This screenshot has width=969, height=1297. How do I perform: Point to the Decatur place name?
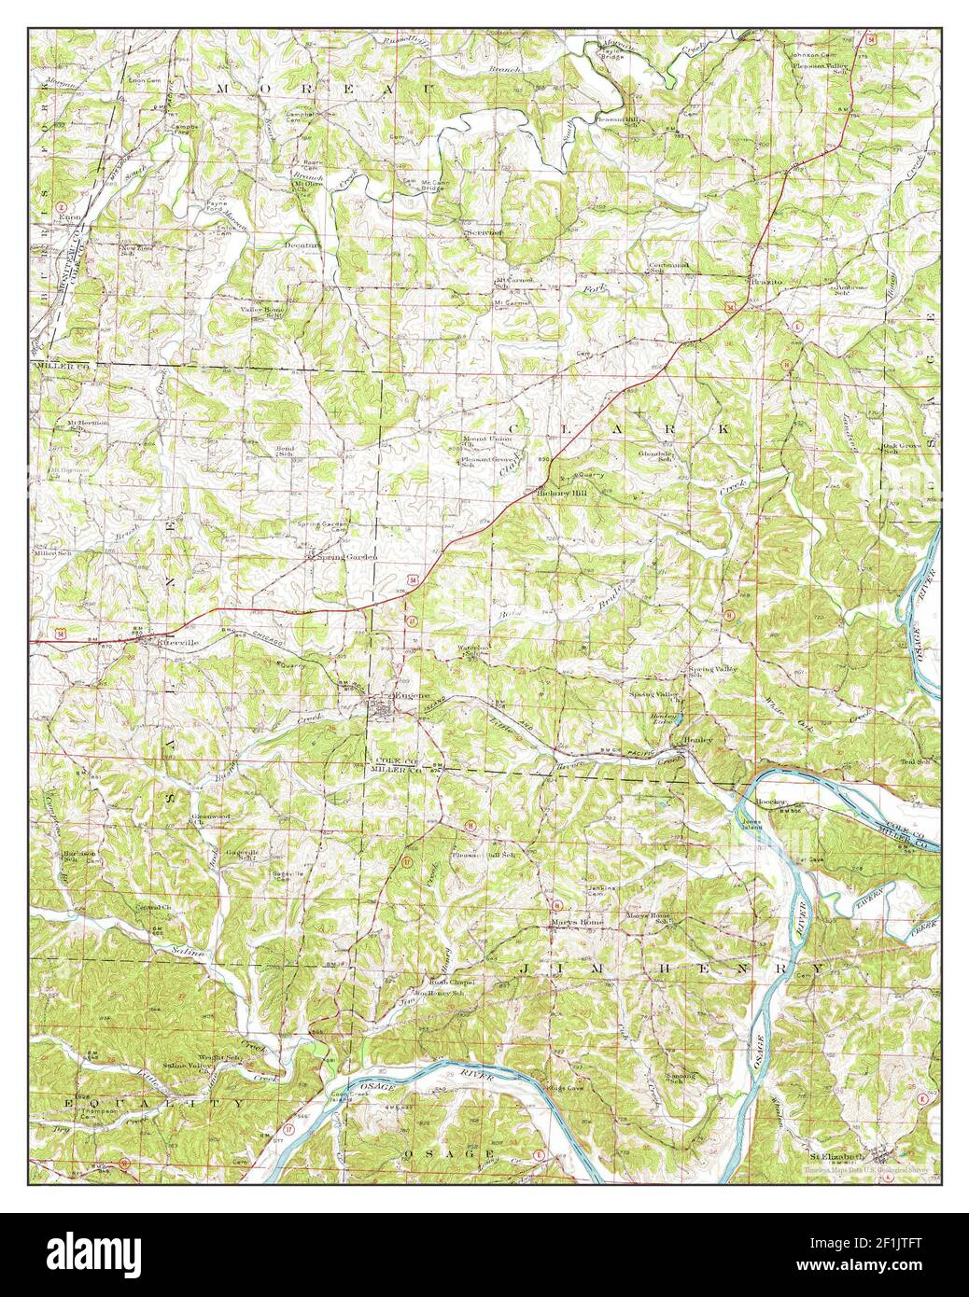tap(302, 245)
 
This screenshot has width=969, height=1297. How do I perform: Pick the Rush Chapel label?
tap(452, 983)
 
